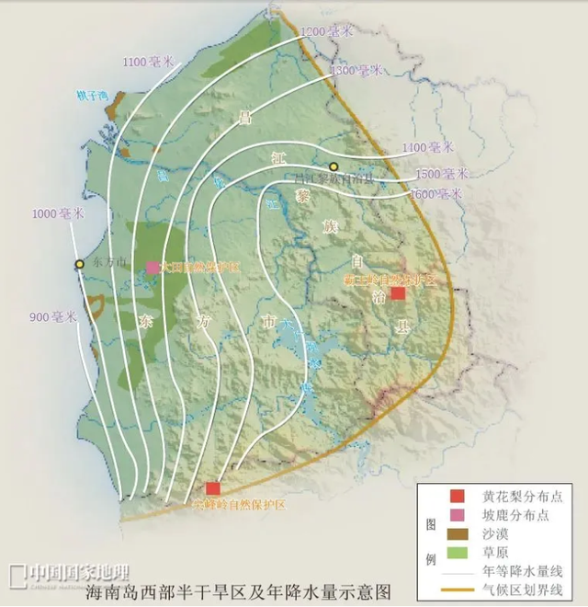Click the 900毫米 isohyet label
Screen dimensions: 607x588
(x=51, y=317)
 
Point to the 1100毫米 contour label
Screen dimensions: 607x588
(x=147, y=62)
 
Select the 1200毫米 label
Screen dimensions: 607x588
(x=326, y=31)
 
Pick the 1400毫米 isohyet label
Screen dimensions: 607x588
(x=427, y=147)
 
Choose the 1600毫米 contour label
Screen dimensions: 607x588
(x=436, y=194)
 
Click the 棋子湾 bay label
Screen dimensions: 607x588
(x=94, y=95)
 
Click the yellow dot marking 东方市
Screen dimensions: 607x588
(x=80, y=265)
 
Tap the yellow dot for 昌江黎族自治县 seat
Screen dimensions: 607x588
(x=334, y=166)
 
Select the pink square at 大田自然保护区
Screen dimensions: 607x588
(x=152, y=268)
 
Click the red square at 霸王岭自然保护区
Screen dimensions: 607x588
(x=398, y=293)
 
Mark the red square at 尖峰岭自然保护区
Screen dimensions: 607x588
(x=213, y=488)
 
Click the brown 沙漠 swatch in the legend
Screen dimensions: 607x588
(x=463, y=533)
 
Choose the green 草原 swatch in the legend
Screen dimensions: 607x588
(x=463, y=553)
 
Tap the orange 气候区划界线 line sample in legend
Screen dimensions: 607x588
(x=463, y=590)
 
